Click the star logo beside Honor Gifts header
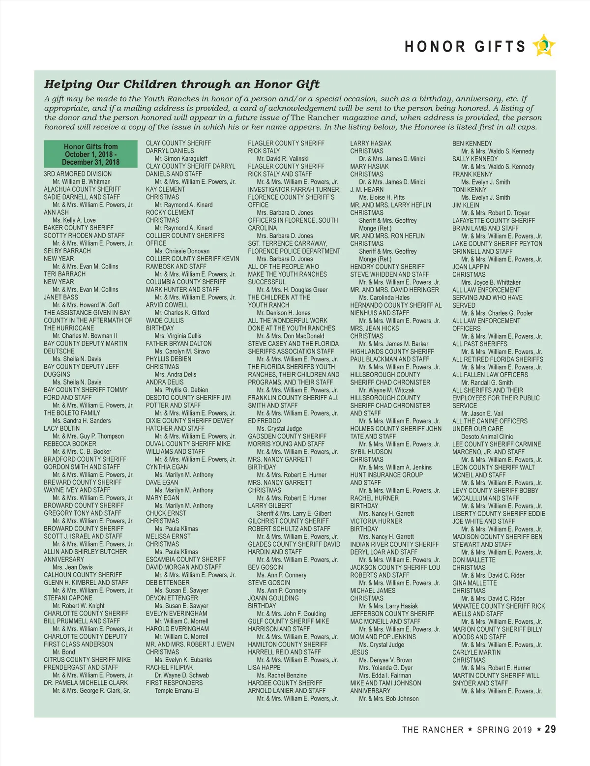(543, 46)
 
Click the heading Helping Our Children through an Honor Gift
(182, 84)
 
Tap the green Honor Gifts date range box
(90, 154)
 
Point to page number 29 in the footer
(550, 729)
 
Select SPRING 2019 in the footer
(504, 730)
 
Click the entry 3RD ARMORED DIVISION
(78, 174)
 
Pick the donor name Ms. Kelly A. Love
(74, 220)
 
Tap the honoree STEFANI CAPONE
(68, 598)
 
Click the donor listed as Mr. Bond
(64, 652)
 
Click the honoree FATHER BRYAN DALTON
(178, 344)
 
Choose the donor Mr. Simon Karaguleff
(181, 159)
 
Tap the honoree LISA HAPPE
(264, 668)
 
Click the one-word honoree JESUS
(359, 652)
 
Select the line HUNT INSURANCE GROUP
(386, 475)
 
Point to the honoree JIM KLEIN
(466, 205)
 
